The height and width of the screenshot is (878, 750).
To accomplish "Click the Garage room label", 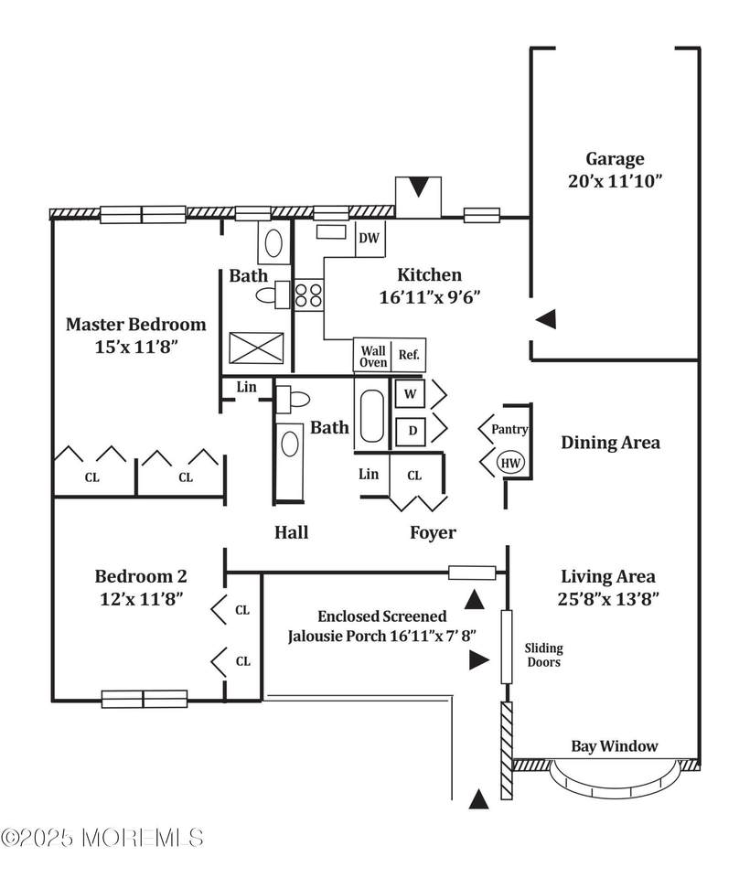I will point(615,158).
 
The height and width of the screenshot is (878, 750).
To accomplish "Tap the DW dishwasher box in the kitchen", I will point(370,239).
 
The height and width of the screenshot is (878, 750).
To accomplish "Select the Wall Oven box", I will point(372,355).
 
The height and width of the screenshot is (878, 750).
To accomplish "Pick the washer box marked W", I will point(409,394).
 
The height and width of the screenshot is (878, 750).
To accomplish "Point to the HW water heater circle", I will point(510,464).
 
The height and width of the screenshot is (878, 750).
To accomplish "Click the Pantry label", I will point(509,429).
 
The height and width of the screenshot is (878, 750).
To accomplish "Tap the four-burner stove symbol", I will point(309,295).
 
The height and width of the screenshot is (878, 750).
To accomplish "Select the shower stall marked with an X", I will point(256,348).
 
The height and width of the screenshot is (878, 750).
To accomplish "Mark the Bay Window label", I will point(614,745).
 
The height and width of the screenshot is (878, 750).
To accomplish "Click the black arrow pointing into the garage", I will point(546,319).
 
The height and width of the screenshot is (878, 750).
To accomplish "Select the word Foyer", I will point(432,532).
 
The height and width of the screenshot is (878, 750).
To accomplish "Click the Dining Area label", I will point(610,443).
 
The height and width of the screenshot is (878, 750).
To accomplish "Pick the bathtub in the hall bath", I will point(372,415).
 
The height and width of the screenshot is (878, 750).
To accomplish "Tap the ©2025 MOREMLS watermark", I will point(102,837).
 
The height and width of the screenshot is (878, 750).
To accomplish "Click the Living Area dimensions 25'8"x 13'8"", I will point(609,600).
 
